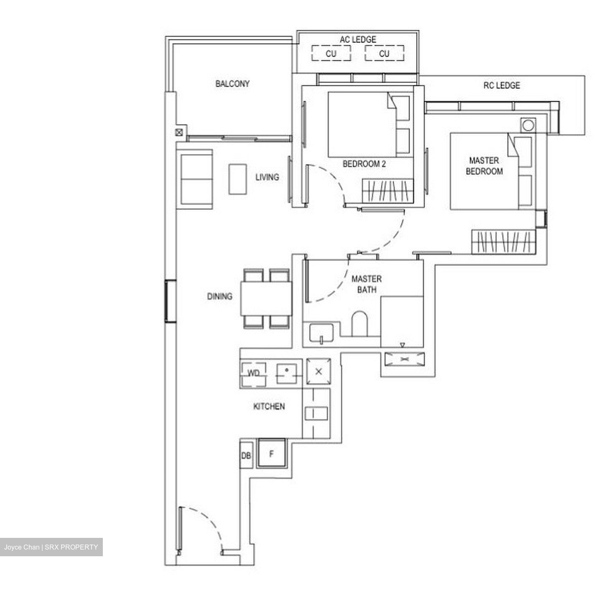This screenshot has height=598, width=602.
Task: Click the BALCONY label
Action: click(x=232, y=84)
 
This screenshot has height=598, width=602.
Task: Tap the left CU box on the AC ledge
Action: click(x=331, y=53)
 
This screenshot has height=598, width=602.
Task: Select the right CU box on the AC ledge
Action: click(x=384, y=53)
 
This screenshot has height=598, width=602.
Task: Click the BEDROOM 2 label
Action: click(x=364, y=164)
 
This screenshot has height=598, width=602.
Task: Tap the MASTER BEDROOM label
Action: click(x=484, y=166)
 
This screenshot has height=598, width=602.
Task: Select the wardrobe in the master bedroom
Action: click(x=503, y=242)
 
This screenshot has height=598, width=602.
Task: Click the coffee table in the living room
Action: click(x=237, y=179)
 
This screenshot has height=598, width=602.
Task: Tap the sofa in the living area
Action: click(x=196, y=180)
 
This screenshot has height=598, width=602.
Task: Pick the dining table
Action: click(x=266, y=299)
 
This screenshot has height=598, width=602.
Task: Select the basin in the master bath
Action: click(x=321, y=333)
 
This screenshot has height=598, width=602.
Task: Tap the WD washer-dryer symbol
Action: click(x=253, y=373)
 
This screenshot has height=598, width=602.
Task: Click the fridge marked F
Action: click(x=271, y=454)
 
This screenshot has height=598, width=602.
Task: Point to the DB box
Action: click(x=246, y=456)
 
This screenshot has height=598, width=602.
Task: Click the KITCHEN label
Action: click(x=269, y=406)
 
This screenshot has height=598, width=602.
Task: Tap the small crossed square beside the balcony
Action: click(x=179, y=133)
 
